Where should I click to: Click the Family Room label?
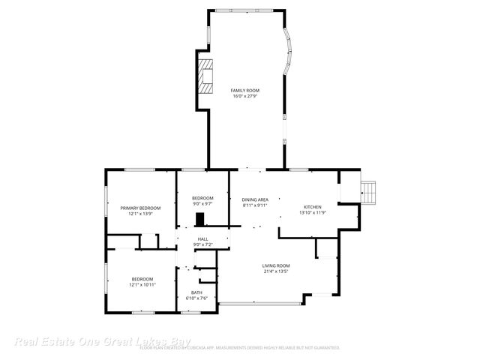pos(244,90)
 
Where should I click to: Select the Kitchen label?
pos(312,206)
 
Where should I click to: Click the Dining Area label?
pos(255,199)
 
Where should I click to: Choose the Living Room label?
pos(276,265)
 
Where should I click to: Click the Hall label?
pos(202,238)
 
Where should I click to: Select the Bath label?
pos(196,292)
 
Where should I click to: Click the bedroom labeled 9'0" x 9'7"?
pos(202,198)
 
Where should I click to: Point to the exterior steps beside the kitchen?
pos(369,192)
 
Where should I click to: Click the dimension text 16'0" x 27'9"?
pos(244,96)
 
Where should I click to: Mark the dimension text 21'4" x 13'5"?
pos(276,271)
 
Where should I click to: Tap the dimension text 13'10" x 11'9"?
pos(312,212)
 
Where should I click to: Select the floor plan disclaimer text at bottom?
pos(240,348)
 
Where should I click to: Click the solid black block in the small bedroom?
pos(200,219)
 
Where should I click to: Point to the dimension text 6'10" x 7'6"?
pos(196,298)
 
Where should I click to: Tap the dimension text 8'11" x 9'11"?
pos(255,205)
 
